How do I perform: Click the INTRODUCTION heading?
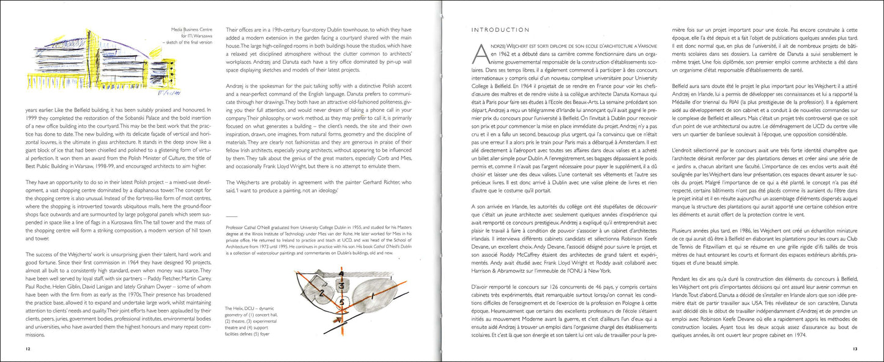(500, 29)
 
